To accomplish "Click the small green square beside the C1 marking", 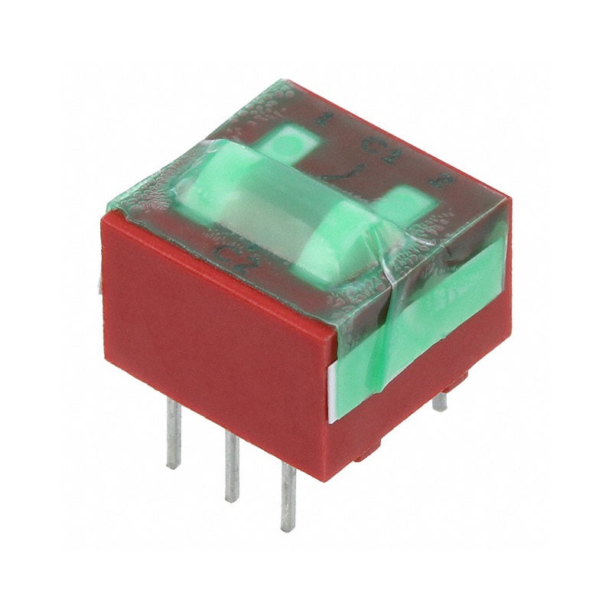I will (x=288, y=142).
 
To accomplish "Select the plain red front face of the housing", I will (x=214, y=337).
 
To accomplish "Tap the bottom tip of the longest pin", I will (x=288, y=528).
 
